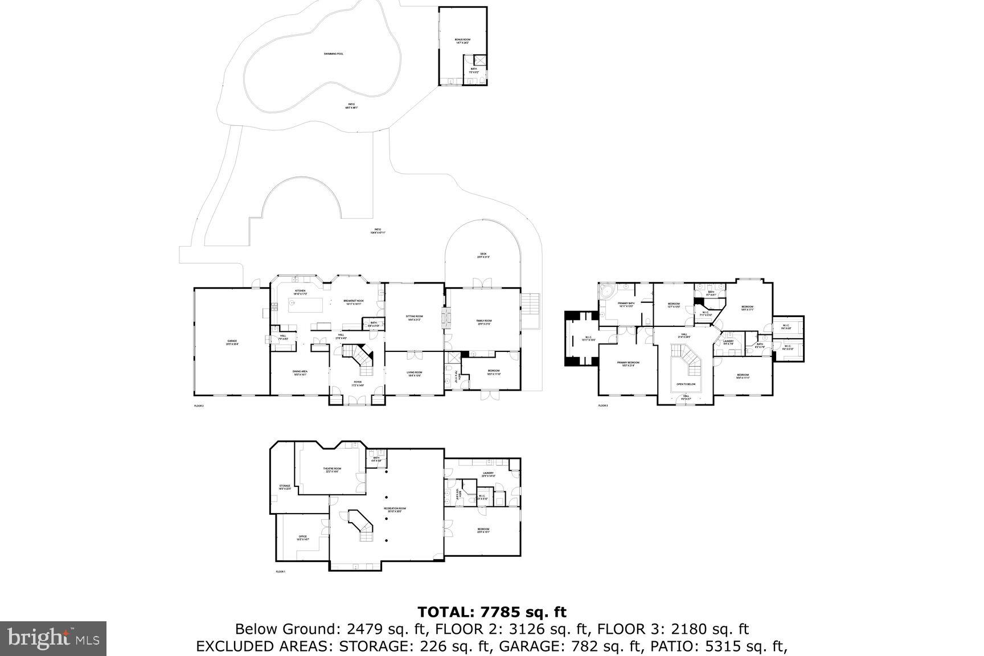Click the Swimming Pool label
coord(333,54)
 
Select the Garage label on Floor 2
coord(232,343)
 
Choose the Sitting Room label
coord(414,317)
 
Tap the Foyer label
coord(357,384)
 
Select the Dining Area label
coord(300,373)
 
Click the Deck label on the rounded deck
coord(483,255)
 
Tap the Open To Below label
coord(686,384)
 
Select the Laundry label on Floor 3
coord(728,342)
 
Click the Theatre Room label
coord(333,470)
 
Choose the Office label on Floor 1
coord(302,538)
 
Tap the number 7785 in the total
coord(500,613)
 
